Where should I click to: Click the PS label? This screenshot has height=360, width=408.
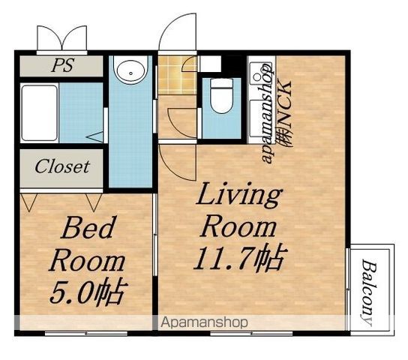(x=63, y=64)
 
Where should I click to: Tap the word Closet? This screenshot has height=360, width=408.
(x=62, y=166)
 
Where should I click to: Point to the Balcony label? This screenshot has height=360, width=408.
(x=369, y=292)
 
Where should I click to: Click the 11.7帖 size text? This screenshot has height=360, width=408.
(x=241, y=257)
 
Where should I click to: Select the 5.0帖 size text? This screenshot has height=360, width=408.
(x=88, y=292)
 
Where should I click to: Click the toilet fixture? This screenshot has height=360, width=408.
(x=221, y=96)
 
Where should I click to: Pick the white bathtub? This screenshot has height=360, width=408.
(x=40, y=112)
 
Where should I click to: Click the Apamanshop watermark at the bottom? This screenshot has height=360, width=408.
(x=204, y=322)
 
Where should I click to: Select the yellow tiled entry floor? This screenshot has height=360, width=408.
(x=177, y=75)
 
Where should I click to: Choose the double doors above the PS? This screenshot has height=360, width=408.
(x=62, y=38)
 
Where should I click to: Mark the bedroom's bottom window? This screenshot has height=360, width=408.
(x=86, y=333)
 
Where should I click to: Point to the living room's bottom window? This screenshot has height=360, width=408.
(x=251, y=333)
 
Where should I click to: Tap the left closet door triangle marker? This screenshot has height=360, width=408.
(x=28, y=202)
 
